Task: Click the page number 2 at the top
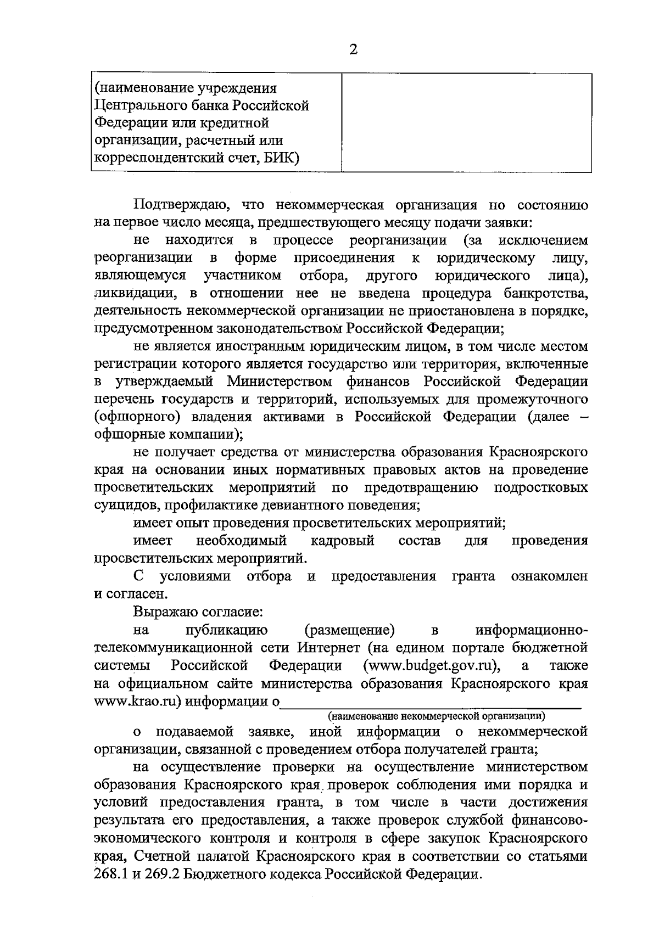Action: pyautogui.click(x=354, y=50)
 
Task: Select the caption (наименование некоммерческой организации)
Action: pyautogui.click(x=437, y=716)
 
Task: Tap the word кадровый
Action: pyautogui.click(x=343, y=541)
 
